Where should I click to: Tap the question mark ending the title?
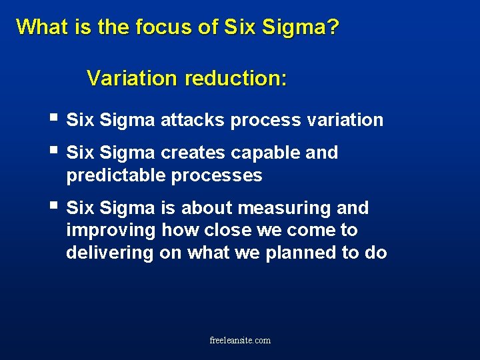click(x=333, y=27)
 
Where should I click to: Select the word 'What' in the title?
click(x=39, y=27)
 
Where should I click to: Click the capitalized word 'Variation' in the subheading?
click(x=133, y=79)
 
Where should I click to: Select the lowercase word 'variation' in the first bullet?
click(x=345, y=120)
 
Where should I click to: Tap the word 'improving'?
click(x=110, y=231)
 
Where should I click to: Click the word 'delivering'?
click(x=110, y=253)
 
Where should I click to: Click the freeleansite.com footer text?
click(x=240, y=340)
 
